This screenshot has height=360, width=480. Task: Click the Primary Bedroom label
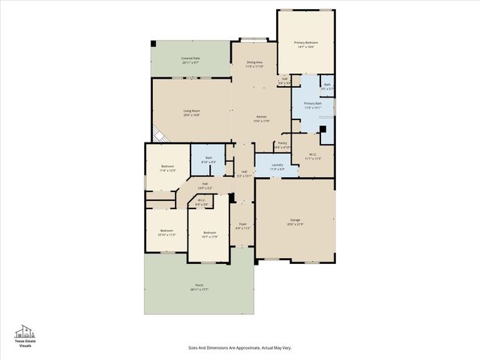click(x=304, y=45)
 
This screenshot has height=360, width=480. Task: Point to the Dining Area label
click(x=254, y=64)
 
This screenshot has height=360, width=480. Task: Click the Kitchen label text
click(x=261, y=118)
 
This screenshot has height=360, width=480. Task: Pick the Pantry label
click(x=282, y=144)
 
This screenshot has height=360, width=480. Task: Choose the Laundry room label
click(x=277, y=166)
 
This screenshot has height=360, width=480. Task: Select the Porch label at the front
click(x=199, y=286)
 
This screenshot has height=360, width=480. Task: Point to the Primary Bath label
click(x=313, y=105)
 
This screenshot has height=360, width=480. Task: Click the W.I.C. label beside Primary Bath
click(x=312, y=157)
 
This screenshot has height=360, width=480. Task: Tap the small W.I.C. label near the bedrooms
click(x=202, y=202)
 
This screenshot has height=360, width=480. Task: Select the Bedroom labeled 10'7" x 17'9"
click(x=210, y=235)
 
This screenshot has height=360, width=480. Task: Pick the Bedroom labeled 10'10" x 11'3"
click(x=166, y=232)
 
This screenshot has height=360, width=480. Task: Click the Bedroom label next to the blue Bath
click(x=167, y=168)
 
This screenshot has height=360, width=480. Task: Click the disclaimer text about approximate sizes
click(x=239, y=347)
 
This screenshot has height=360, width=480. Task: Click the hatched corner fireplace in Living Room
click(x=157, y=136)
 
